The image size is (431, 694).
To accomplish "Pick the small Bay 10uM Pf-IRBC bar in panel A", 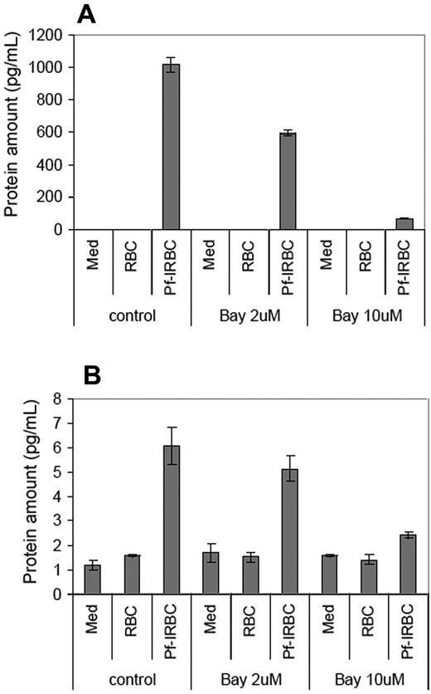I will click(x=404, y=224).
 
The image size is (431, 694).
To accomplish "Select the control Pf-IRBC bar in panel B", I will click(x=171, y=520).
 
